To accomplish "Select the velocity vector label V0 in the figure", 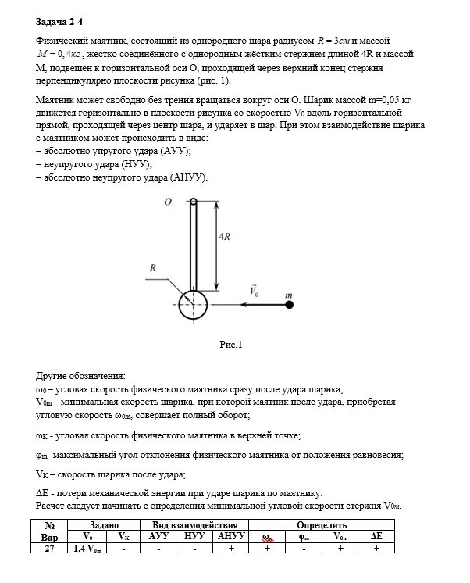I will tap(255, 291).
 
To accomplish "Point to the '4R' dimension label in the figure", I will tap(223, 236).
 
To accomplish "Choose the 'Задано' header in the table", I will tap(104, 526).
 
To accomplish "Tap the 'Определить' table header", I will tap(322, 526).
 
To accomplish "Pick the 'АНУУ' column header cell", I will tap(230, 538).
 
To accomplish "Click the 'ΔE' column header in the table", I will tap(377, 538).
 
